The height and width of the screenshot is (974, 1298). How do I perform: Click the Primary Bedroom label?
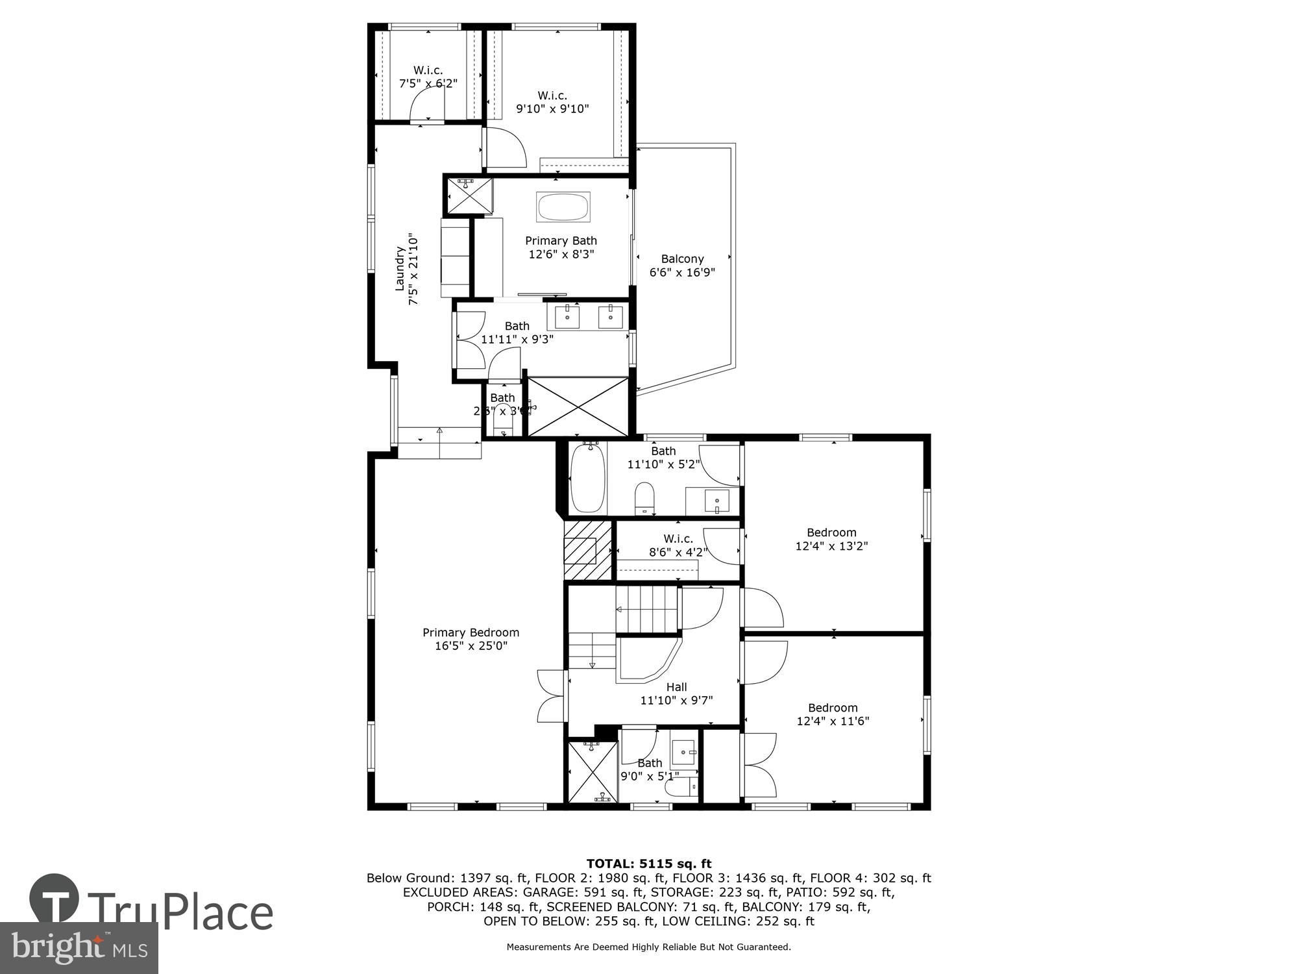[x=471, y=639]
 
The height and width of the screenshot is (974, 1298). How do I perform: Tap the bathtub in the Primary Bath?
[x=563, y=208]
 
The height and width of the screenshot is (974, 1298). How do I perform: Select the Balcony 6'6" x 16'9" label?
[x=682, y=266]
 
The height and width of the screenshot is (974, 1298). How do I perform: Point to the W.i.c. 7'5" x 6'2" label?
[x=428, y=77]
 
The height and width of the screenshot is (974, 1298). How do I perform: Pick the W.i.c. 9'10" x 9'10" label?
[x=552, y=103]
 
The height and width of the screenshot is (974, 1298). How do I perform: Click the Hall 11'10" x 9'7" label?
[x=676, y=693]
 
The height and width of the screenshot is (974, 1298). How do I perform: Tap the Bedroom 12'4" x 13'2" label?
[x=831, y=539]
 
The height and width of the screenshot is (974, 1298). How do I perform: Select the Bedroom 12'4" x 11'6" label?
[x=833, y=714]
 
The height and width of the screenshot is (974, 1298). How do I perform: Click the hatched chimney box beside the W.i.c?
[x=587, y=550]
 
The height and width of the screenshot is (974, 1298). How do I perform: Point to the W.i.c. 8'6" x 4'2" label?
[x=678, y=545]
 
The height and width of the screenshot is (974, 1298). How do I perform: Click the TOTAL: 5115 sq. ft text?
[x=649, y=864]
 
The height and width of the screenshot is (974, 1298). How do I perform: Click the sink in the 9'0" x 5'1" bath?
[x=683, y=752]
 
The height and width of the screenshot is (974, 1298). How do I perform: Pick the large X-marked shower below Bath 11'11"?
[x=578, y=406]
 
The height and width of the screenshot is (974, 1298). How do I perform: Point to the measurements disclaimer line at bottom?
[x=649, y=947]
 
